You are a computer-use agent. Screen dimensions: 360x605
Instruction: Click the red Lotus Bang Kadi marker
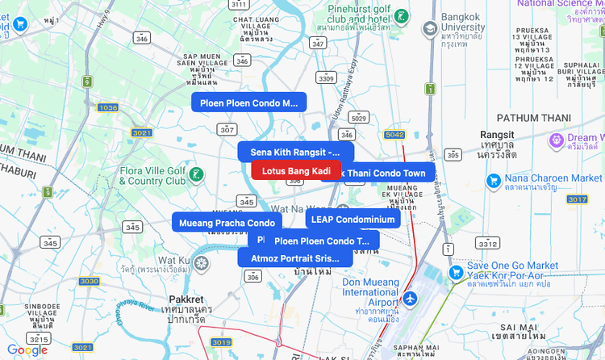tap(296, 170)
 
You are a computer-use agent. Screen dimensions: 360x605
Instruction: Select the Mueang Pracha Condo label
tap(227, 223)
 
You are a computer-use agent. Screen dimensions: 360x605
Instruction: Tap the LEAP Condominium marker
tap(353, 220)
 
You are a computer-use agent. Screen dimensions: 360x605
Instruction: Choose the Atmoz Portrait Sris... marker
tap(295, 258)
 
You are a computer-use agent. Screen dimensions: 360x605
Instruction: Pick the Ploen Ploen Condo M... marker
tap(248, 103)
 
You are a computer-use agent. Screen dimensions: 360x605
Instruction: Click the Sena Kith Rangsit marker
tap(295, 152)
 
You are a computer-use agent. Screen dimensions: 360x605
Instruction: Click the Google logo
tap(27, 350)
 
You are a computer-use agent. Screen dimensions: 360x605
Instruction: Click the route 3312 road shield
tap(487, 243)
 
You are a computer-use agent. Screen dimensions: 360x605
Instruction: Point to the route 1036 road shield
tap(107, 107)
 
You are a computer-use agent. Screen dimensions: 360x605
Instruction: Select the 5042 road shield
tap(394, 135)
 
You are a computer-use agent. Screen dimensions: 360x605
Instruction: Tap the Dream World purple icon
tap(556, 141)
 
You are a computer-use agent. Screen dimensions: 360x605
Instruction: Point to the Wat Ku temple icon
tap(202, 262)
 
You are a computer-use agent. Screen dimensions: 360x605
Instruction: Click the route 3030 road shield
tap(89, 281)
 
